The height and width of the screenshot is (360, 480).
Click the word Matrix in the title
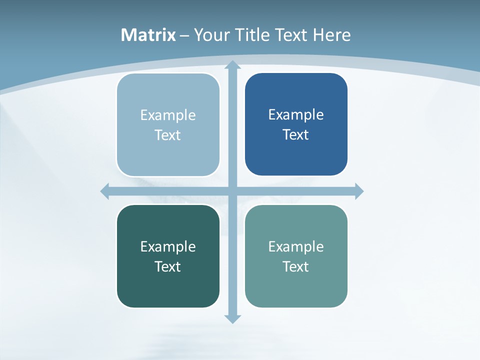pyautogui.click(x=148, y=35)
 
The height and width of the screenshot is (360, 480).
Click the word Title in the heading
pyautogui.click(x=252, y=35)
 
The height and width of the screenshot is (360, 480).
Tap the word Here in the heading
pyautogui.click(x=332, y=35)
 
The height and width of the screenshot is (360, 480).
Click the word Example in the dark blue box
pyautogui.click(x=296, y=114)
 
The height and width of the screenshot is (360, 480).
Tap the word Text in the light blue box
pyautogui.click(x=167, y=135)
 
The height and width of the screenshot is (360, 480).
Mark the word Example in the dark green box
pyautogui.click(x=168, y=246)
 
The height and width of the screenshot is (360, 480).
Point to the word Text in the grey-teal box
pyautogui.click(x=295, y=266)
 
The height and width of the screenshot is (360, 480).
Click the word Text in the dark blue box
pyautogui.click(x=295, y=134)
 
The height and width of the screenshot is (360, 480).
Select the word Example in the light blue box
pyautogui.click(x=168, y=115)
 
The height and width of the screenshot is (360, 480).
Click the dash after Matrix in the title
pyautogui.click(x=184, y=35)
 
